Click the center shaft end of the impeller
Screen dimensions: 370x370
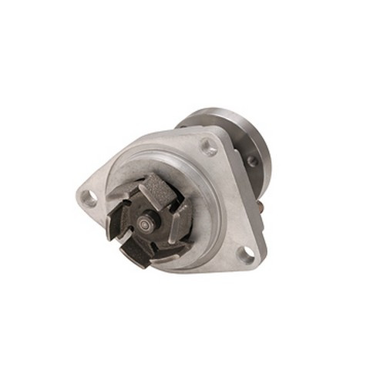pyautogui.click(x=145, y=227)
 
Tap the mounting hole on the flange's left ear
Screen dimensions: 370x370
pyautogui.click(x=89, y=197)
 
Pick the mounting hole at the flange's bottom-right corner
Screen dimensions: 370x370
pyautogui.click(x=245, y=254)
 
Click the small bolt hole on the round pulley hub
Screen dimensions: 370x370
pyautogui.click(x=251, y=161)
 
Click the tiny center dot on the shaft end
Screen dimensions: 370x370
pyautogui.click(x=145, y=227)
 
